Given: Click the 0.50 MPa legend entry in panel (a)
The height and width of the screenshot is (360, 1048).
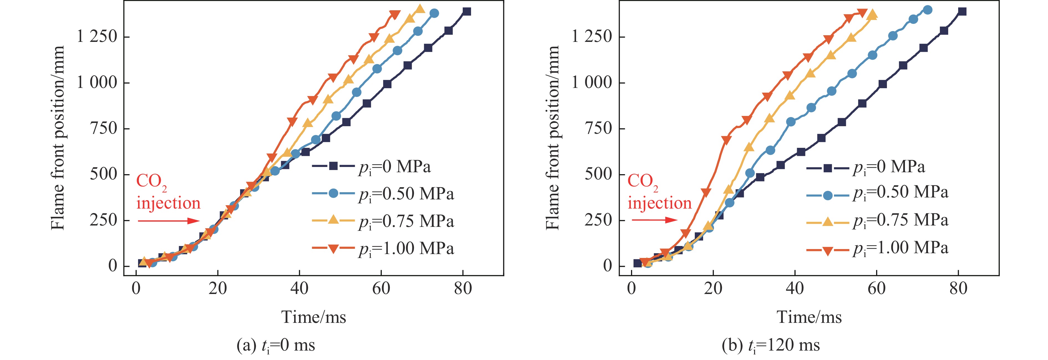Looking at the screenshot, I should click(x=382, y=194).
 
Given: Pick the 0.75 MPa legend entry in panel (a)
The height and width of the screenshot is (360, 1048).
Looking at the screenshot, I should click(x=382, y=221).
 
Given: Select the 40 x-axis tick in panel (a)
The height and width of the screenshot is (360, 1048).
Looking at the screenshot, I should click(x=299, y=289).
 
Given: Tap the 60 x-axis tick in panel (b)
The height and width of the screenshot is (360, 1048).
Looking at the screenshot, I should click(x=876, y=289).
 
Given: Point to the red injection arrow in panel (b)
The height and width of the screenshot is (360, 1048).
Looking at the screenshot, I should click(x=654, y=220).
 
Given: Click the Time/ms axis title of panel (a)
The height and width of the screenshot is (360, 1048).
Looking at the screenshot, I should click(x=314, y=317).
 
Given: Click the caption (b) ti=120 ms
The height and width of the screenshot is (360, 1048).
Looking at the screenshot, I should click(x=770, y=345).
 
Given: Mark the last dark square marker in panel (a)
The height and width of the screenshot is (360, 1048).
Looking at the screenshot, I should click(x=467, y=11).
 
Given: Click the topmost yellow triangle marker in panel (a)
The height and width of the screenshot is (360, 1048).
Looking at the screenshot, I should click(x=420, y=9).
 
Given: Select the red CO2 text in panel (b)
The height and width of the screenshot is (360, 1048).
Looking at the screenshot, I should click(x=642, y=181).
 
